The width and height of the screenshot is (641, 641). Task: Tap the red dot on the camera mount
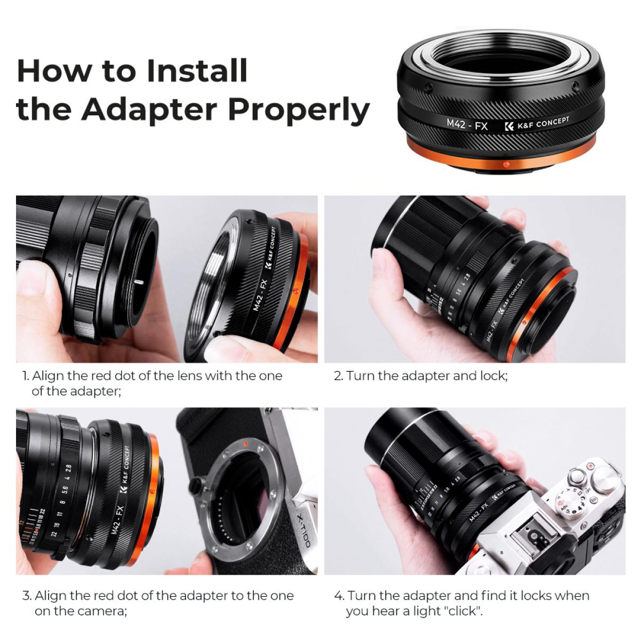point(245,443)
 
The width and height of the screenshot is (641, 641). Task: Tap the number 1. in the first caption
point(26,376)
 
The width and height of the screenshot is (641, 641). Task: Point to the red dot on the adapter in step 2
point(526,322)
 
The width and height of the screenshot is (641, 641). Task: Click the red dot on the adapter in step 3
point(152,489)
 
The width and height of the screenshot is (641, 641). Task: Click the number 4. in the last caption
point(339,596)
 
